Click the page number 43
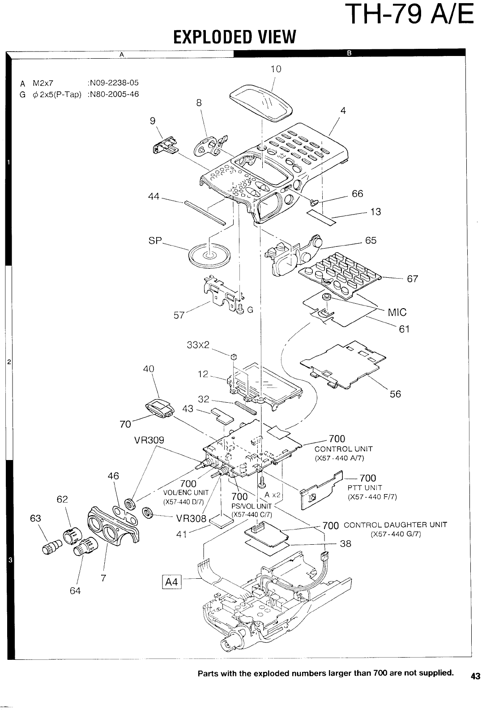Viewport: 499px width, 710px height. [x=475, y=676]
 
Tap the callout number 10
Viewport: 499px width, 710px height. [x=276, y=69]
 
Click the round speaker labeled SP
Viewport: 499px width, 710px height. [x=209, y=256]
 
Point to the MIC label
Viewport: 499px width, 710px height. [x=397, y=312]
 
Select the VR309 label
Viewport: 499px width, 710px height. [x=149, y=440]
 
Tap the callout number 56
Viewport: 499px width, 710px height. [x=395, y=394]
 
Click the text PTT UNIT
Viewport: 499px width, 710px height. [x=365, y=488]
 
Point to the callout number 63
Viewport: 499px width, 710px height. [x=35, y=518]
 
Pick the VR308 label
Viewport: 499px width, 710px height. [x=191, y=519]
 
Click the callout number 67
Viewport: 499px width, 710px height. [x=412, y=279]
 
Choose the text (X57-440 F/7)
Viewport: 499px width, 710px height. [x=372, y=497]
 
